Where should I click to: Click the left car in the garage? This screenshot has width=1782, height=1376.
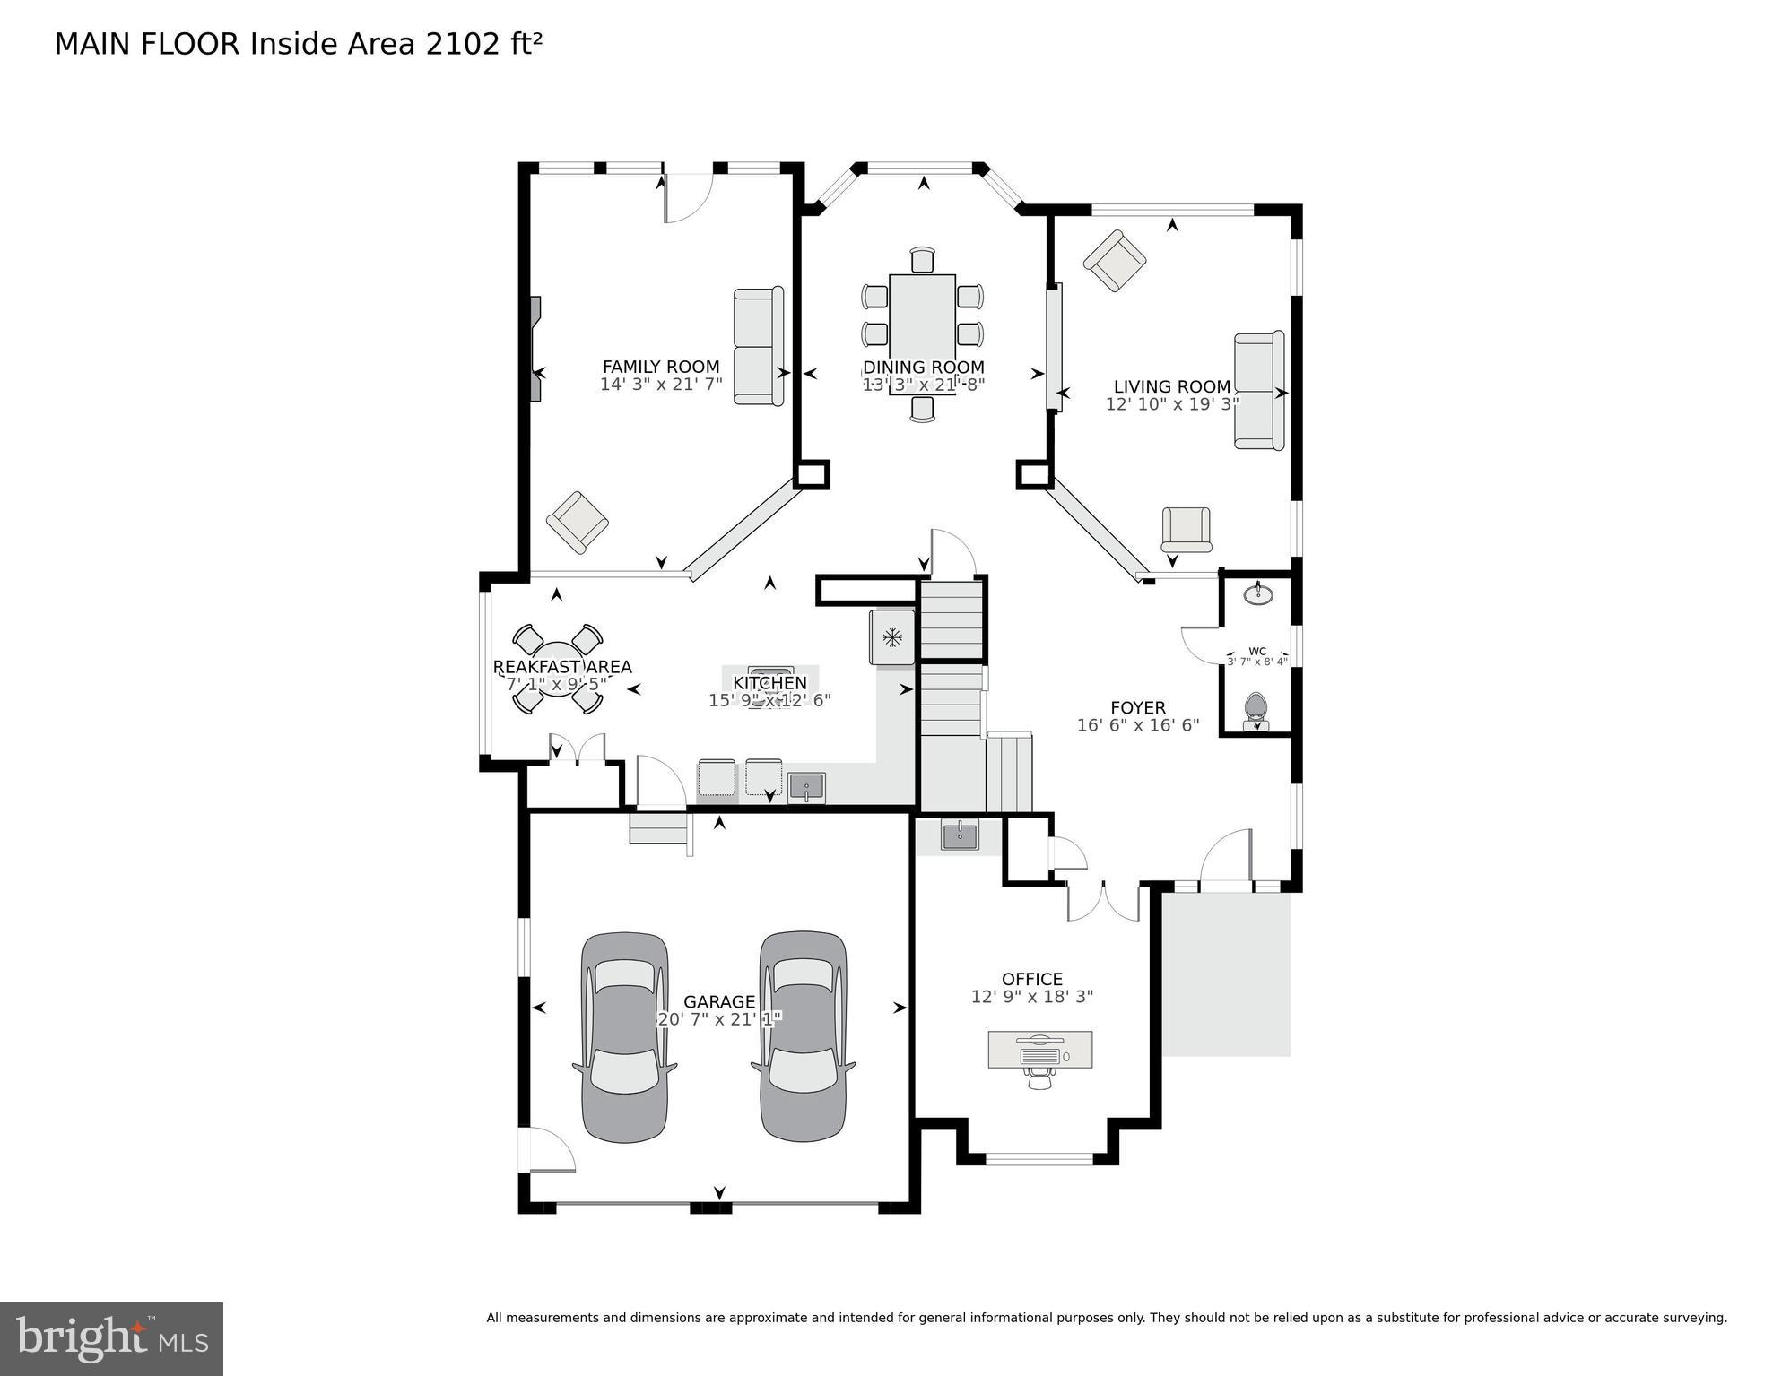pos(624,1037)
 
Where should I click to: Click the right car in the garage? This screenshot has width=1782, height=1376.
pos(803,1037)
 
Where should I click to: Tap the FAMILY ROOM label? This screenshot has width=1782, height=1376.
pos(660,367)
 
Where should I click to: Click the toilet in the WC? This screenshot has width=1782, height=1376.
pos(1256,708)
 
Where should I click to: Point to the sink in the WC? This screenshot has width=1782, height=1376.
pos(1259,593)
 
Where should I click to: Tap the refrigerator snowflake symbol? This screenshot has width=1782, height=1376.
pos(891,637)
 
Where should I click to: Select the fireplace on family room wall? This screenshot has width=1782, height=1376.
pos(535,350)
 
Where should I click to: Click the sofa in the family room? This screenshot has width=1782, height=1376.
pos(759,346)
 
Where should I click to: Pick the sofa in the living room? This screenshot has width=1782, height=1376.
pos(1258,391)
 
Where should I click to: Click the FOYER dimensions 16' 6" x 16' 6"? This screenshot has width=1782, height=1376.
pos(1137,725)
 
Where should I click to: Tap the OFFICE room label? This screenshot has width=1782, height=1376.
pos(1031,979)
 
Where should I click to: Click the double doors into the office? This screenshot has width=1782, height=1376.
pos(1102,901)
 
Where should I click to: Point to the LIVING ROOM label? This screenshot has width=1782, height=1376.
pos(1171,386)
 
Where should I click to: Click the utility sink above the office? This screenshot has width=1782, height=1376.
pos(959,835)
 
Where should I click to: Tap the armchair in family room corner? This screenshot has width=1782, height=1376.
pos(577,521)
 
